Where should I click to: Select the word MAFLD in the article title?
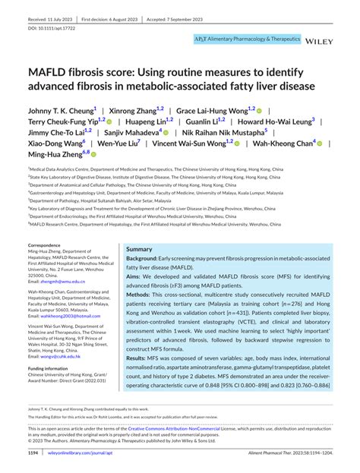[x=53, y=71]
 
